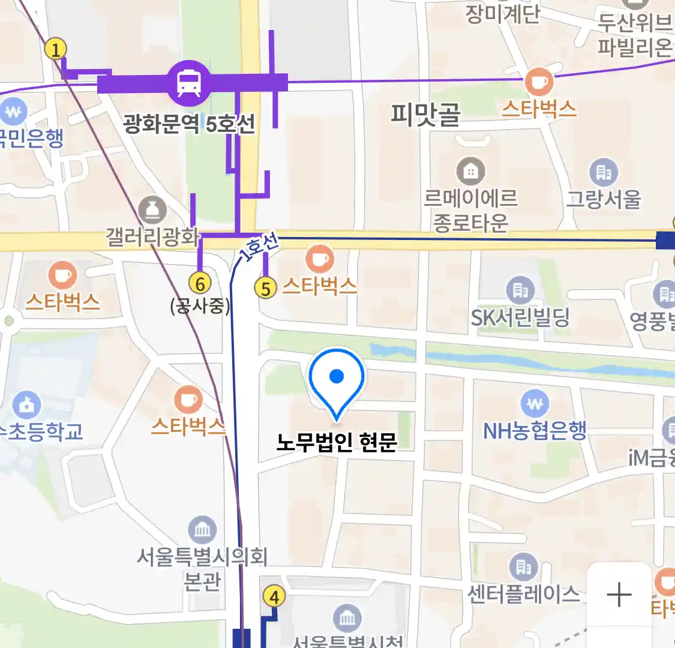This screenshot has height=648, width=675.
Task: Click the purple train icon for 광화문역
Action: pos(189,83)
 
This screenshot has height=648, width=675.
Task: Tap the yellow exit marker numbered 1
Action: pos(56,49)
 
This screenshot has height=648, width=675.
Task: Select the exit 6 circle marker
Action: pos(200,283)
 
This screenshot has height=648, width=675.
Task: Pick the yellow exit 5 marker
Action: pos(266,288)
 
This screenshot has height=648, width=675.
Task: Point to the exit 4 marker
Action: pos(274,597)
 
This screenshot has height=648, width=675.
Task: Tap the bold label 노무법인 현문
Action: pos(337,442)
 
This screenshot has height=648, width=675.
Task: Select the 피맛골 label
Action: pos(425,113)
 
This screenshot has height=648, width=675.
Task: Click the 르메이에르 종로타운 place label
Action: pos(470,210)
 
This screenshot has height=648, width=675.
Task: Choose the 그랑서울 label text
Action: pos(604,198)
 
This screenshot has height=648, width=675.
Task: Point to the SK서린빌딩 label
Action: pos(520,317)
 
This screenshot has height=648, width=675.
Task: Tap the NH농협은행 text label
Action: pos(535,430)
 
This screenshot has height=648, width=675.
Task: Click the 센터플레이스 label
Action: pos(523,594)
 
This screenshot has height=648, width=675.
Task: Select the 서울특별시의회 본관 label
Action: pos(202,568)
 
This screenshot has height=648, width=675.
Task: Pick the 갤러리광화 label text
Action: pos(152,236)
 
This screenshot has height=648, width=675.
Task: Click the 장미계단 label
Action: pos(503,13)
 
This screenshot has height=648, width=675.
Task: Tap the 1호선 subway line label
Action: pos(259,247)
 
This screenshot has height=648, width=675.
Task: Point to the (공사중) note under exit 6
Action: pos(200,306)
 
